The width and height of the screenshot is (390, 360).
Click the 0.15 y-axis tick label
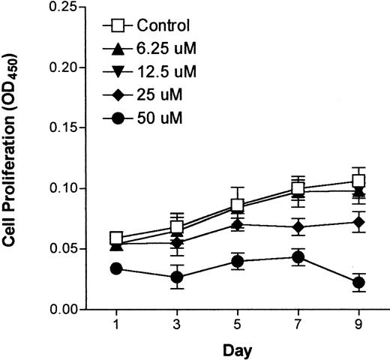[63, 127]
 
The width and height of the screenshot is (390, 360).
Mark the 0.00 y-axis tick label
[63, 309]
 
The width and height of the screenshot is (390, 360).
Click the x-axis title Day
[238, 350]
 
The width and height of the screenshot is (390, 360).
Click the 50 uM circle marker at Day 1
[116, 268]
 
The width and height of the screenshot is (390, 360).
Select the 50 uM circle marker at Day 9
[358, 283]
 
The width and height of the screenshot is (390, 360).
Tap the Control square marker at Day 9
[358, 181]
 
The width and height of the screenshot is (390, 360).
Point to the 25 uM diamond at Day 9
[358, 222]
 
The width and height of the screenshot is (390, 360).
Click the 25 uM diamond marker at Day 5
[238, 224]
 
